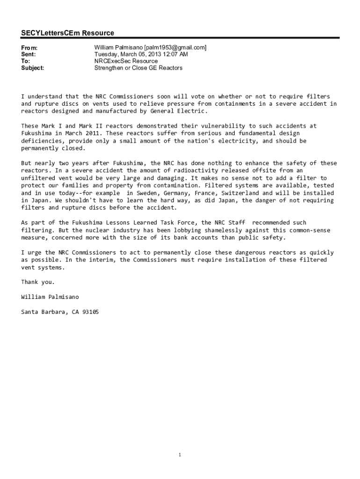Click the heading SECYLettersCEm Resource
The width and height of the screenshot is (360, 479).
click(x=67, y=33)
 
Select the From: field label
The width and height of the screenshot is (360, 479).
click(x=29, y=48)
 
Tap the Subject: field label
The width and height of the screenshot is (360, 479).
click(x=33, y=68)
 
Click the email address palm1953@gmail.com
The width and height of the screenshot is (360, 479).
click(x=175, y=48)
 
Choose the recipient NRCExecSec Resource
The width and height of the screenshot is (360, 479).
click(x=126, y=61)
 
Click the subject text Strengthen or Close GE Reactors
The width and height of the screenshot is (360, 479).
click(x=138, y=68)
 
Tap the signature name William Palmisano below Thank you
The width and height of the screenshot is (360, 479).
click(x=50, y=297)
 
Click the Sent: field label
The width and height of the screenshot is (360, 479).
click(x=29, y=54)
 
